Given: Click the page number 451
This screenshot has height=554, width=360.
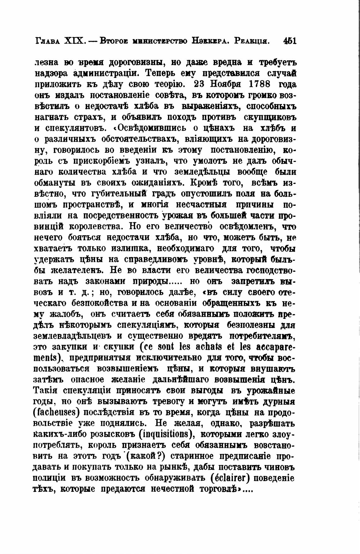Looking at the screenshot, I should [290, 41].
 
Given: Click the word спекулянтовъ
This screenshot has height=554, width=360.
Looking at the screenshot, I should [75, 128].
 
